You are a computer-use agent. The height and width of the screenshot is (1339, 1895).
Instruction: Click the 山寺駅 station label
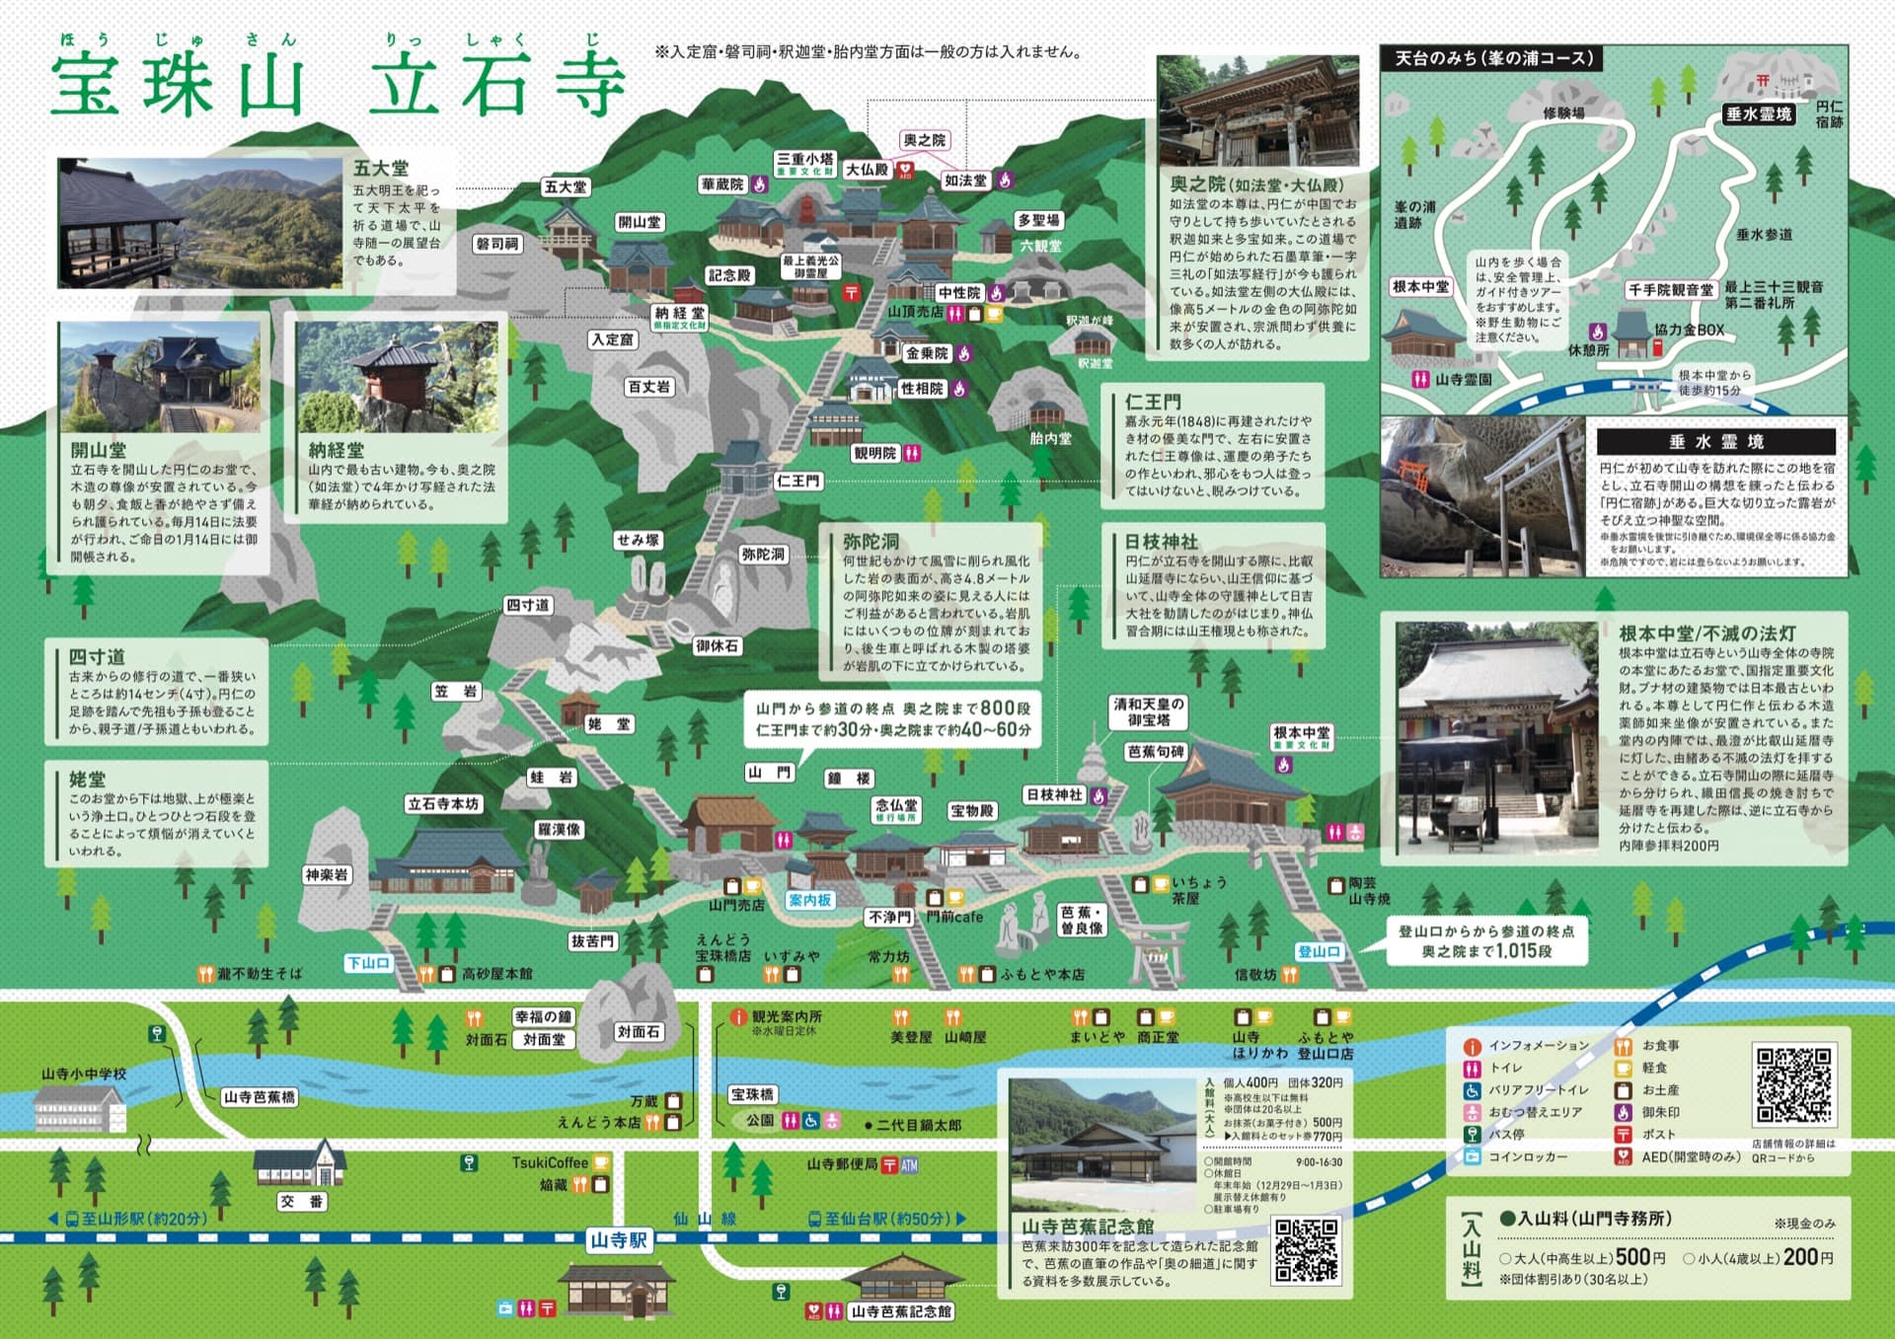619,1239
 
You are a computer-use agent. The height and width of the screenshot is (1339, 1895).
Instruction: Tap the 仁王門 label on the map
797,482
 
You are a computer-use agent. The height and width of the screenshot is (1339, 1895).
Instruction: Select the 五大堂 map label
566,186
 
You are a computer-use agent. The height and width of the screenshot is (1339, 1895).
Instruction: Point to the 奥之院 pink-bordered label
924,141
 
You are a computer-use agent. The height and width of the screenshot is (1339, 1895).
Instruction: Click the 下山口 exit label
368,963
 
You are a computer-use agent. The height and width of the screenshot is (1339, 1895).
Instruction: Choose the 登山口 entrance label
1319,951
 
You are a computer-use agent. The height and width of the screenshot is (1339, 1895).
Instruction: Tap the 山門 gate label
769,773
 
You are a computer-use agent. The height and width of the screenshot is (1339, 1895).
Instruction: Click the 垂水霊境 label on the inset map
1758,114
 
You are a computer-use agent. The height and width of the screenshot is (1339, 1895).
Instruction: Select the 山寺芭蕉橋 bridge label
259,1096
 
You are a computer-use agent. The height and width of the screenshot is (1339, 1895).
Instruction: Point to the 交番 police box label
301,1202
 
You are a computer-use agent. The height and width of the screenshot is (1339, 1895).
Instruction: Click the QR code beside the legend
1793,1084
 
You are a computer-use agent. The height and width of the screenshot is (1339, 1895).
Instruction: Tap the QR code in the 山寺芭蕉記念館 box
1306,1249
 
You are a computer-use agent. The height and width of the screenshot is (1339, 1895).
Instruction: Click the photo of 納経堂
397,377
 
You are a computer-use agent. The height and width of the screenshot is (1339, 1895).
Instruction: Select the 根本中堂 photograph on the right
1496,736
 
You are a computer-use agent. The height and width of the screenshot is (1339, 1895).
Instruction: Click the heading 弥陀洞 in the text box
871,541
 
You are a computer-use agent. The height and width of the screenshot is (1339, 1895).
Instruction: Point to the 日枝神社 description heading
1161,541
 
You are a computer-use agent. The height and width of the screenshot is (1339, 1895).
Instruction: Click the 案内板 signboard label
809,900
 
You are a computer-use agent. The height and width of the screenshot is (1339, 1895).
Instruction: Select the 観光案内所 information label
786,1016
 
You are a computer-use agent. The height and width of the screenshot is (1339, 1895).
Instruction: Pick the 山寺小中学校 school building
81,1111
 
